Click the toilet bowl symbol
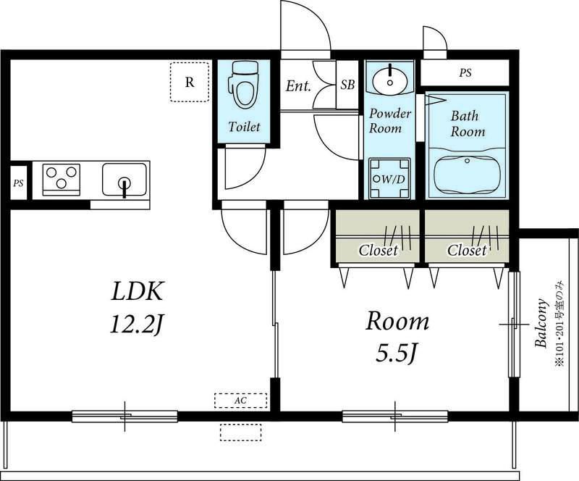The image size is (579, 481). [243, 85]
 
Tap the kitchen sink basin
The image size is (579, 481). [124, 180]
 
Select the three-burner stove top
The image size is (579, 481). [62, 180]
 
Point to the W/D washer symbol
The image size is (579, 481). [389, 179]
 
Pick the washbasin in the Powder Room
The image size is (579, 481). [389, 79]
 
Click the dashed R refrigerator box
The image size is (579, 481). [190, 82]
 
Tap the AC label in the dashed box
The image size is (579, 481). [240, 401]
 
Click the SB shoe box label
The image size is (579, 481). [347, 85]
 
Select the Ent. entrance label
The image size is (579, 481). [298, 86]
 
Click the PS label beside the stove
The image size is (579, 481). [19, 183]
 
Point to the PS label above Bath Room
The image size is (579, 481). [465, 73]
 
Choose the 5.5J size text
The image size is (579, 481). [397, 353]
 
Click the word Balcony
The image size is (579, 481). [541, 322]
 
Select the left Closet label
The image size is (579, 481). [378, 251]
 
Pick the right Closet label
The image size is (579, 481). [467, 251]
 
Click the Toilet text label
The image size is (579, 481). [244, 127]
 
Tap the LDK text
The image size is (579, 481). [137, 291]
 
